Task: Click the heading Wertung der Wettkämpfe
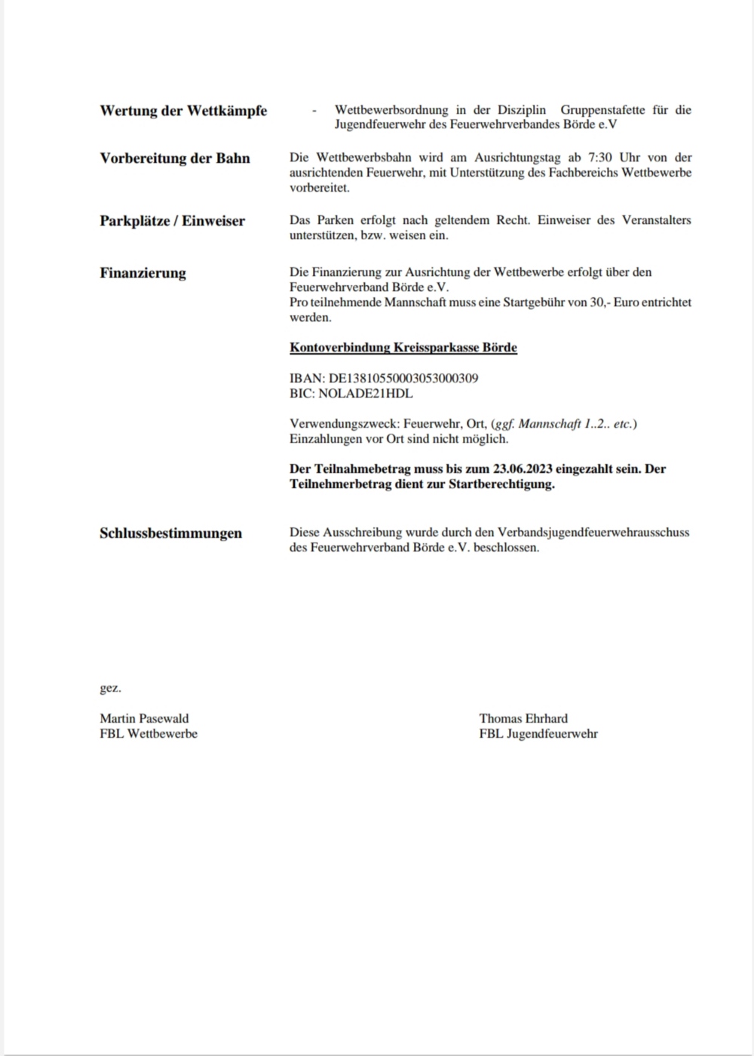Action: coord(183,111)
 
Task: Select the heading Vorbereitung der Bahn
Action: coord(175,158)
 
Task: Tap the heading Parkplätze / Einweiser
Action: coord(172,221)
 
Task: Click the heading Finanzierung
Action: coord(143,273)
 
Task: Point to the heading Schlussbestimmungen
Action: coord(170,533)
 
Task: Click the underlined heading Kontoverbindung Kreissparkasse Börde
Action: coord(403,348)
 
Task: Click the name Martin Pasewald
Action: coord(144,718)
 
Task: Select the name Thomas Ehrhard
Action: coord(523,718)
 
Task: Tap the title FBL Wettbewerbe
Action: coord(149,733)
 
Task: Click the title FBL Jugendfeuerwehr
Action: coord(538,733)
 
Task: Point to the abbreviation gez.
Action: coord(110,688)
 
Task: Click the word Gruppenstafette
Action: coord(602,110)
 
